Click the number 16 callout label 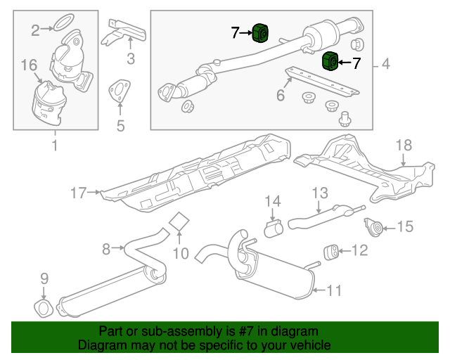[28, 65]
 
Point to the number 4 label [386, 65]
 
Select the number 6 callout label [281, 94]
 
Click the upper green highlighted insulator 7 [261, 32]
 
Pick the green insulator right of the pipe [329, 62]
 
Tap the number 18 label [402, 146]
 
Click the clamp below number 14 [273, 229]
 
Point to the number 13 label [320, 192]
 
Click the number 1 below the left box [55, 146]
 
